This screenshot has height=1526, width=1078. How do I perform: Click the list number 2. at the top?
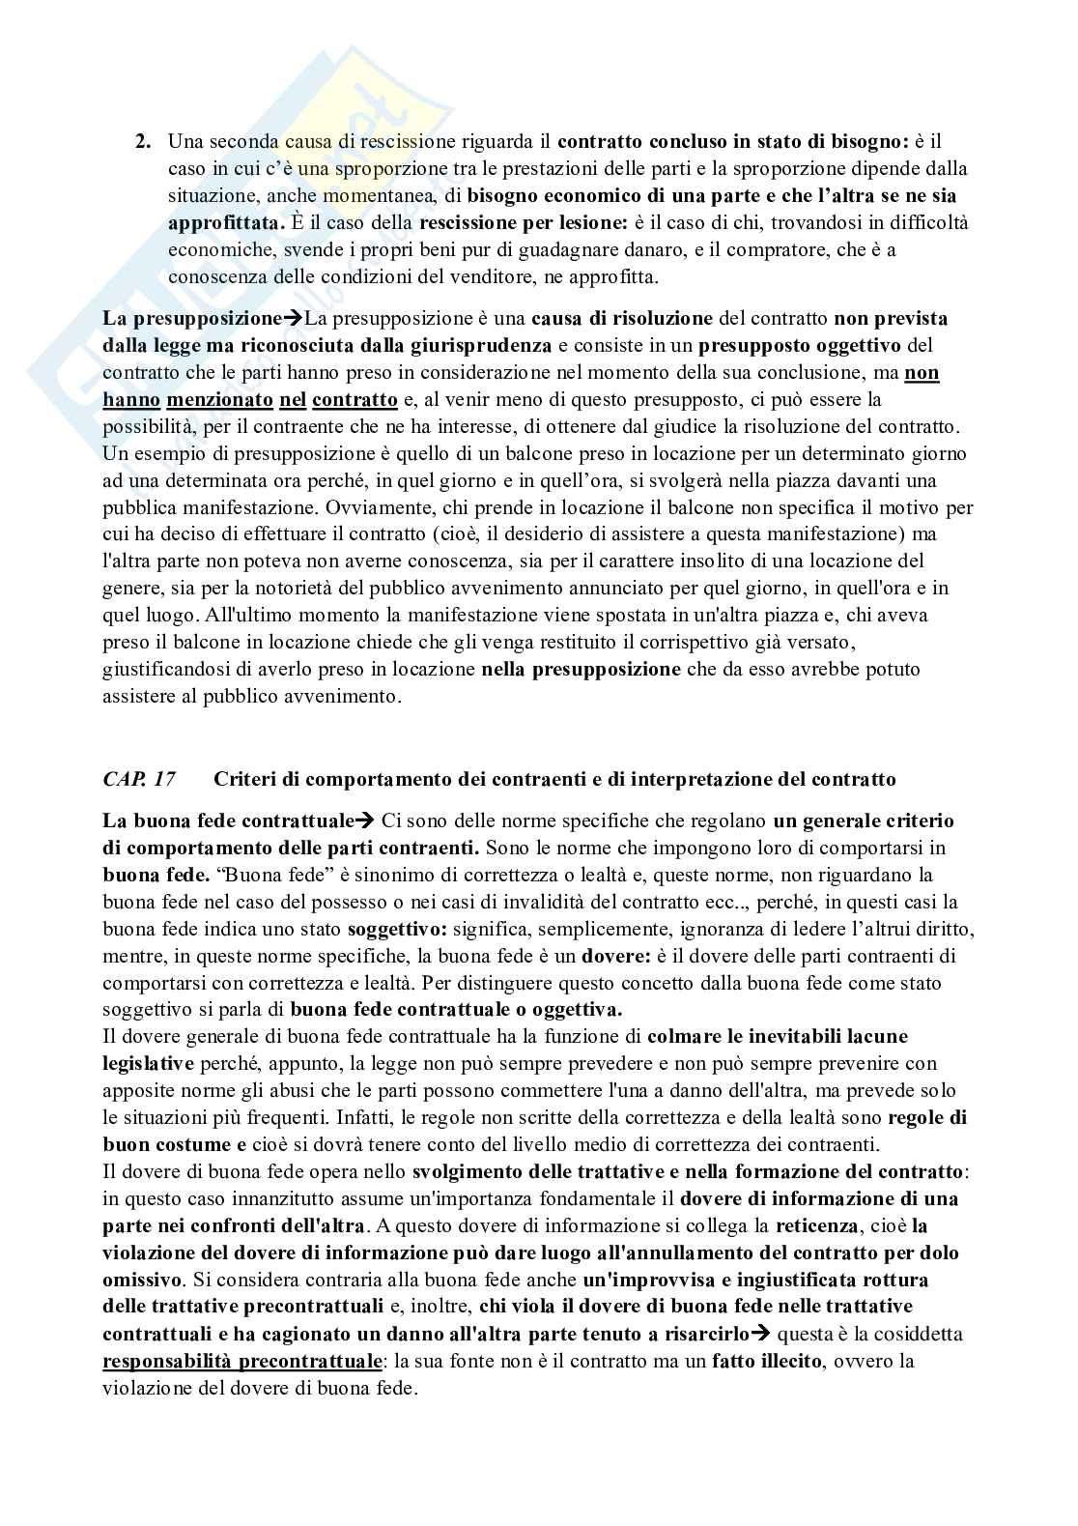[x=143, y=141]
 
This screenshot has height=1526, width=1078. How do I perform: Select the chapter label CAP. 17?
[x=132, y=779]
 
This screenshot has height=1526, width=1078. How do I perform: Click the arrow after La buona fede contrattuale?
[x=364, y=821]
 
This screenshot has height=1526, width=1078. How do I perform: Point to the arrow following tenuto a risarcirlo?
[x=760, y=1335]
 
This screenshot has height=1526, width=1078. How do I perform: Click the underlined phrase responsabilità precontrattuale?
[x=241, y=1362]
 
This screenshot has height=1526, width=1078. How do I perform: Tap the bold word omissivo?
[x=142, y=1281]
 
